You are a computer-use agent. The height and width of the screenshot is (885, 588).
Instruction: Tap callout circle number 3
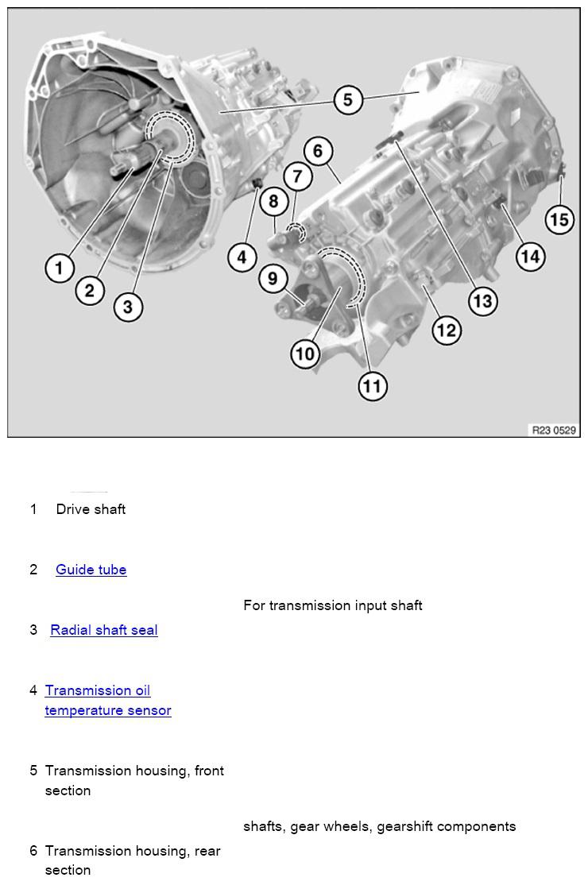(x=128, y=307)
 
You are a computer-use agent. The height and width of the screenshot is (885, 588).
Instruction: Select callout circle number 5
(x=348, y=101)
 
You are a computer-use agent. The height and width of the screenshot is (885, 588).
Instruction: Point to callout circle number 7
(x=298, y=176)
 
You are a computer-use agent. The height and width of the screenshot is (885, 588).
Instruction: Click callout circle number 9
(x=273, y=279)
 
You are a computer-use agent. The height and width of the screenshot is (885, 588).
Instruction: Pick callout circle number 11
(x=372, y=387)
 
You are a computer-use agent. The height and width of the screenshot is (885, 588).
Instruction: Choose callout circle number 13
(x=482, y=301)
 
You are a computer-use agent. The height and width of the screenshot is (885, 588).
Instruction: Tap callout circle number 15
(x=559, y=218)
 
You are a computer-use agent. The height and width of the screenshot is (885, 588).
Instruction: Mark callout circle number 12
(x=447, y=330)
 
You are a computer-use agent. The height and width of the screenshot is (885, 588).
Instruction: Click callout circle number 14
(x=530, y=257)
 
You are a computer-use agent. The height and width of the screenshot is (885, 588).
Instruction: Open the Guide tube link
(x=91, y=570)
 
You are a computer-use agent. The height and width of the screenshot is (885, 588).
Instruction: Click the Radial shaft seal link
(x=104, y=630)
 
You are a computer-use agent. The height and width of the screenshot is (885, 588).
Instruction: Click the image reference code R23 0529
(x=554, y=430)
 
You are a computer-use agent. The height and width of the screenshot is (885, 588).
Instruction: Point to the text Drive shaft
(x=91, y=509)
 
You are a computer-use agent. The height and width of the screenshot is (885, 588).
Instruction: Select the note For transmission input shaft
(x=333, y=605)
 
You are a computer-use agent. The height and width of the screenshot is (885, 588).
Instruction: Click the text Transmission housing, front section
(x=134, y=780)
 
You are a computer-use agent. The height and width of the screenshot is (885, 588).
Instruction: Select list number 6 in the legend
(x=33, y=851)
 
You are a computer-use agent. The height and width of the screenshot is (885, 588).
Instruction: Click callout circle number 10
(x=306, y=354)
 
